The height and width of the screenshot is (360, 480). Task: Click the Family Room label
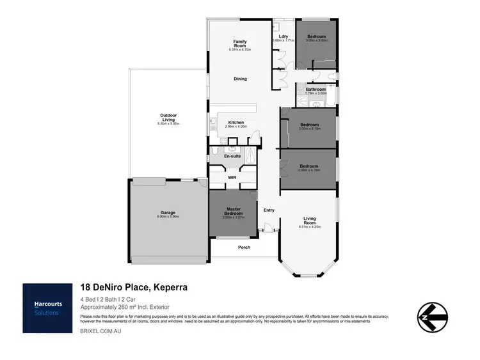coord(239,43)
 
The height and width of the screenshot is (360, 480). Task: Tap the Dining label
coord(239,79)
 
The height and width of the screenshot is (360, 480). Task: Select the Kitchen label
coord(236,123)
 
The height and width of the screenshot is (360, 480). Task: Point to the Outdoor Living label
coord(168,118)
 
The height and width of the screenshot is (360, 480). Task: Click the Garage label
coord(168,213)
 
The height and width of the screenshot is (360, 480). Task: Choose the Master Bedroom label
coord(234,212)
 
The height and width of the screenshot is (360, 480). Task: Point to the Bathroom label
coord(316,90)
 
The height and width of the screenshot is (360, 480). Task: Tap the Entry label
coord(269,210)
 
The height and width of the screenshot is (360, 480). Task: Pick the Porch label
coord(244,247)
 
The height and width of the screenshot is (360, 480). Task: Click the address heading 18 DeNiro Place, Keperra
coord(133,288)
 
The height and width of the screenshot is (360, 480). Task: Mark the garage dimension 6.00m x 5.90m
coord(168,217)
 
